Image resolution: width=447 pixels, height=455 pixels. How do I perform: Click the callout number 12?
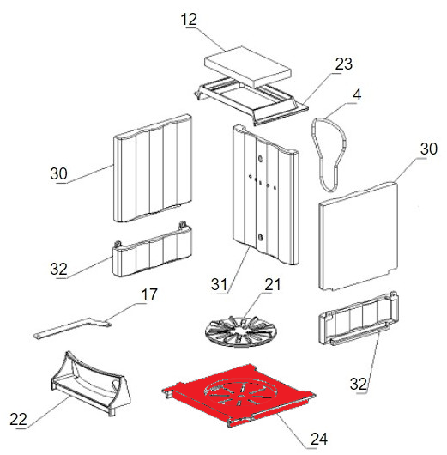[x=189, y=20]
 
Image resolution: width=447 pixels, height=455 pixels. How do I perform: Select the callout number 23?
[x=344, y=64]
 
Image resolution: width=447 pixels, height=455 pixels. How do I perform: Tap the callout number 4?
[x=357, y=95]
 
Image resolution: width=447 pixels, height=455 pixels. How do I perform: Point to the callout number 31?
[x=219, y=284]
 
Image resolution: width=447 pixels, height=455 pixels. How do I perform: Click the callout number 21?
[x=272, y=284]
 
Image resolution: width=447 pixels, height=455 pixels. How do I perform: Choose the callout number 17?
[x=149, y=294]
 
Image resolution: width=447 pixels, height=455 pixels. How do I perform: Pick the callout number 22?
[x=18, y=419]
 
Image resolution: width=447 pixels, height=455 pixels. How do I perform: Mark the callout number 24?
[x=319, y=439]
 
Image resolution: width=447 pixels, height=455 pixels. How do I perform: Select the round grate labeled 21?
[x=241, y=331]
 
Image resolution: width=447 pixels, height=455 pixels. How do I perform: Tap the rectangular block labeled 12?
[x=248, y=66]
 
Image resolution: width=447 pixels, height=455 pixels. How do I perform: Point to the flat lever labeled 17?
[x=73, y=327]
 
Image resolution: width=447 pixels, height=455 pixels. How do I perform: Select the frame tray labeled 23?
[x=251, y=100]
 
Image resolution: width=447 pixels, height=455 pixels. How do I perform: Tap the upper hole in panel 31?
[x=261, y=159]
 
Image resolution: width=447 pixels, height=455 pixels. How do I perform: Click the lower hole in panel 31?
[x=261, y=237]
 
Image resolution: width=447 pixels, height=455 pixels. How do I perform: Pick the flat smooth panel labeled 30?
[x=359, y=235]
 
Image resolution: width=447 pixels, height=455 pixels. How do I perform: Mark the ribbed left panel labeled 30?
[x=152, y=168]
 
